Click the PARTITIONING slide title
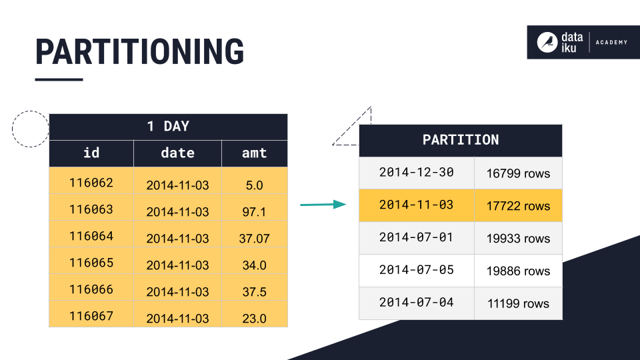click(x=140, y=52)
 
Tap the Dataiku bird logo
click(x=547, y=43)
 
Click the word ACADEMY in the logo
click(x=611, y=43)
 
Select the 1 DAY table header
click(x=168, y=126)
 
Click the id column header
click(x=91, y=153)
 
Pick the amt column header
click(x=254, y=153)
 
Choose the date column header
click(x=177, y=153)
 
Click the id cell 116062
click(x=91, y=183)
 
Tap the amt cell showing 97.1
click(x=254, y=212)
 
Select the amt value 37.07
click(x=254, y=239)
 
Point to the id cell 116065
click(x=91, y=263)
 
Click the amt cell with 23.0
click(x=254, y=319)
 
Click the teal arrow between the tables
click(x=323, y=205)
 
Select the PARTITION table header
click(x=460, y=140)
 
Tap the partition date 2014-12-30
click(x=416, y=172)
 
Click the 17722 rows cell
click(x=518, y=206)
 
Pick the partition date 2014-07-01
click(x=416, y=237)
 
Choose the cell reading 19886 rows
click(x=518, y=271)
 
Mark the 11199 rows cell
click(x=518, y=304)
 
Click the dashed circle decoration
click(x=30, y=129)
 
